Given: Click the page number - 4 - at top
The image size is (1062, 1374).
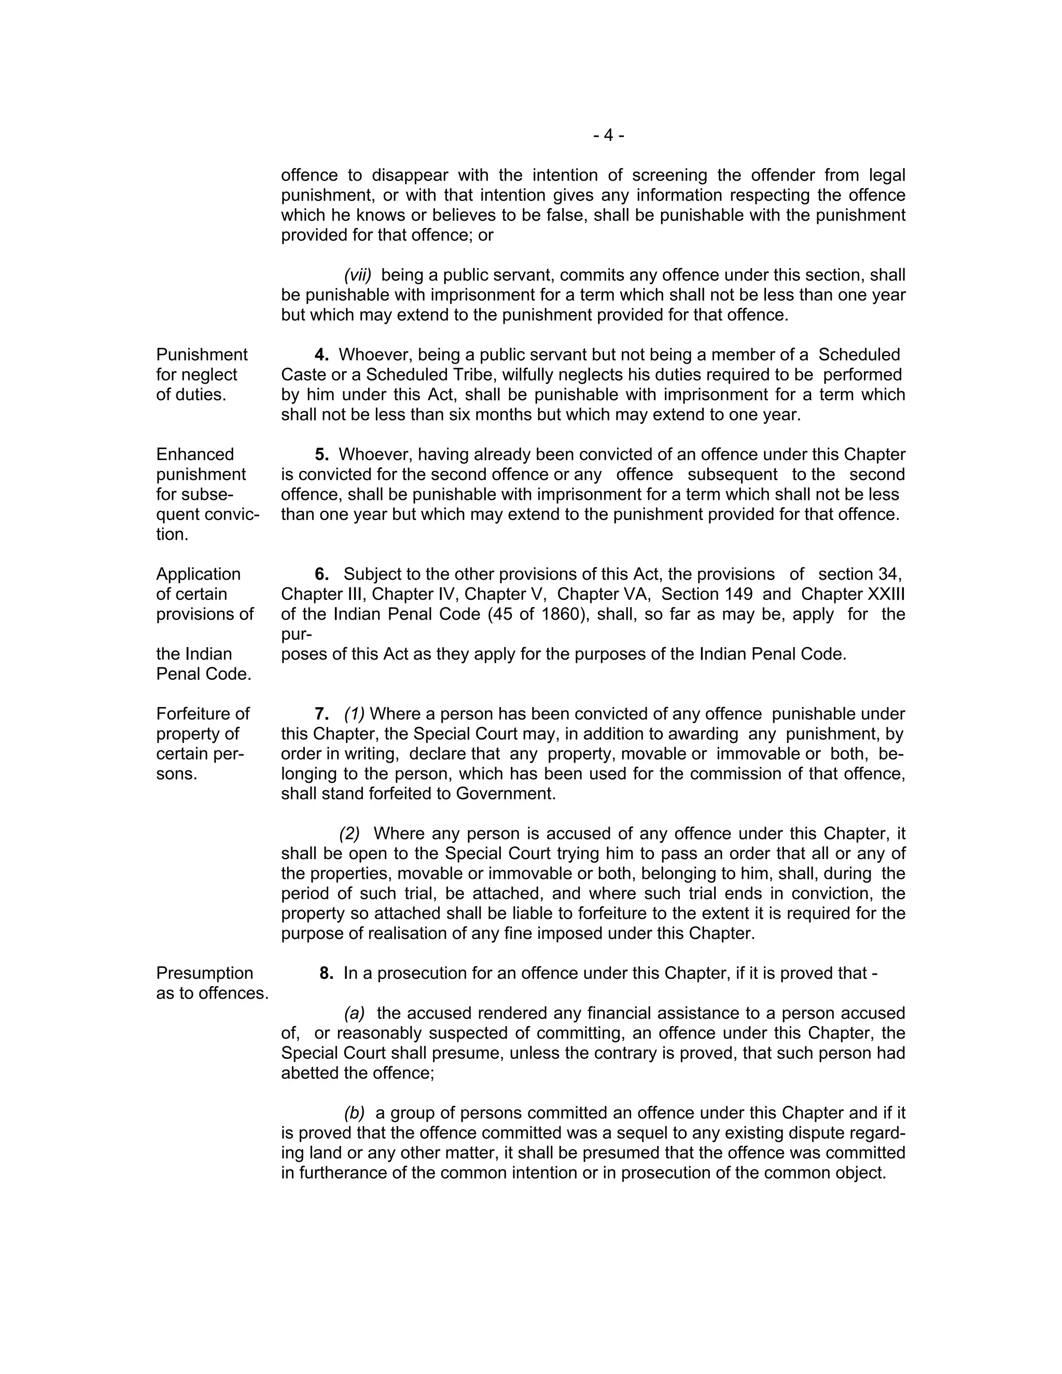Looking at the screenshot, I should point(608,135).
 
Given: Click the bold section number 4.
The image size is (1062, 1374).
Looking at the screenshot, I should point(322,355).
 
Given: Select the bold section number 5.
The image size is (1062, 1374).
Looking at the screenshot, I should point(322,455).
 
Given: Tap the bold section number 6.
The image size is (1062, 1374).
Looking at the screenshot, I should point(322,574).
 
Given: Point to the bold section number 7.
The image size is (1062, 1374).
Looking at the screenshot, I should point(322,714).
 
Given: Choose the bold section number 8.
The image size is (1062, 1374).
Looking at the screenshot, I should point(326,973).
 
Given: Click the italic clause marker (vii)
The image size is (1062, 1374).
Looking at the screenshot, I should point(357,275).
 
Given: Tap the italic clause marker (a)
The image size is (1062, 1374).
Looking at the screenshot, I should point(354,1014).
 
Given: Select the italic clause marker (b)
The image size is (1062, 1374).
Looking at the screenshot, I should point(354,1113).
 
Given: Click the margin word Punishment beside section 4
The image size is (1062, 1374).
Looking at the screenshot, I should point(201,355).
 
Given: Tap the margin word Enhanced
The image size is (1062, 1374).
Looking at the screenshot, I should point(194,455).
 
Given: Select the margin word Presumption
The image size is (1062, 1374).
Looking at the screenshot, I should point(204,973).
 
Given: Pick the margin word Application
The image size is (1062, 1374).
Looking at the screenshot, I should point(198,574).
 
